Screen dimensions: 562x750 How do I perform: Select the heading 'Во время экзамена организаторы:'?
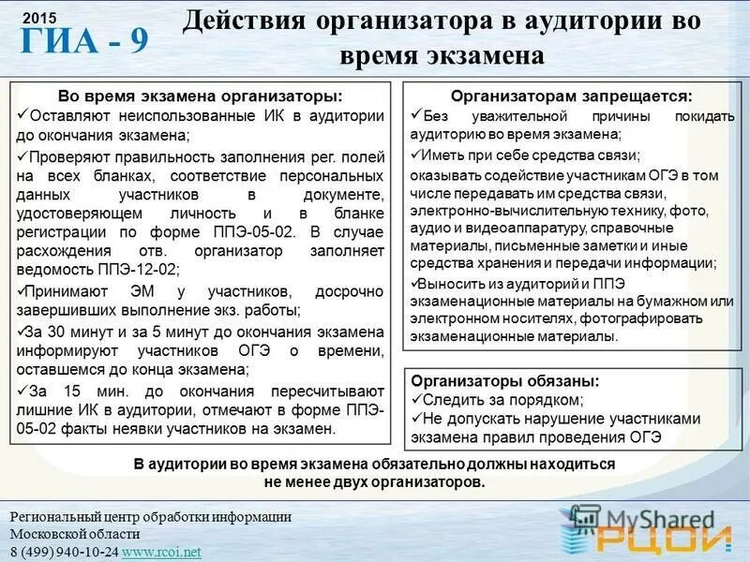[x=201, y=97]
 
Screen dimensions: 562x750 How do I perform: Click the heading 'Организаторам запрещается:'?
[x=571, y=96]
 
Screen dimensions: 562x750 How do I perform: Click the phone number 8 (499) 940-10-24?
[x=64, y=552]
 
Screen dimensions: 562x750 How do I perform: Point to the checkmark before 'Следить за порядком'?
[x=417, y=399]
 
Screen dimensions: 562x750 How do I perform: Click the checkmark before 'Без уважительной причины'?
[x=417, y=115]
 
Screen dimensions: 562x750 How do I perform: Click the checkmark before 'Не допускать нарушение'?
[x=417, y=418]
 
